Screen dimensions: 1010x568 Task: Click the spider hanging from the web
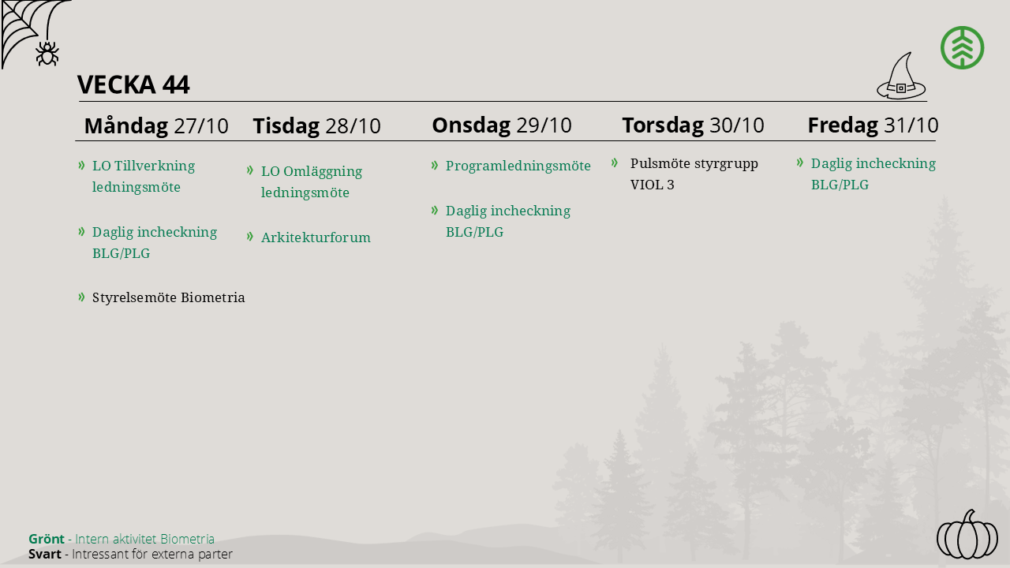(47, 54)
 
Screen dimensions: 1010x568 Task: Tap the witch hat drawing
(901, 77)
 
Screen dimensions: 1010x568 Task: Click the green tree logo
(962, 48)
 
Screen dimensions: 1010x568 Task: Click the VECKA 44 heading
(133, 84)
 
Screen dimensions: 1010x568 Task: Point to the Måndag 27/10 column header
(156, 125)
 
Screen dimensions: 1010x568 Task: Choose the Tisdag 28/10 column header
(316, 125)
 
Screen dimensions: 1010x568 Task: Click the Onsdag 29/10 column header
(502, 125)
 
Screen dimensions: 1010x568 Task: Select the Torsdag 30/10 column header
(693, 125)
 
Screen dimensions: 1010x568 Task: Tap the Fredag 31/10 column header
(873, 125)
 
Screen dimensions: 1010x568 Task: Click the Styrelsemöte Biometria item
(168, 297)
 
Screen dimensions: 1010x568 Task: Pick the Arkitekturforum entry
(316, 237)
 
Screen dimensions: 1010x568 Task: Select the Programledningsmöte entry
(518, 166)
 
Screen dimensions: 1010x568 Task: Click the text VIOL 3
(652, 185)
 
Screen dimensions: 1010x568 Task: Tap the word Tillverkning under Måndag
(155, 166)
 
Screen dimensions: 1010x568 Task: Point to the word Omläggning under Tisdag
(323, 172)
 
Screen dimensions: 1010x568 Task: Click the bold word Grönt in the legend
(46, 539)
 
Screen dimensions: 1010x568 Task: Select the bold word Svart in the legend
(45, 554)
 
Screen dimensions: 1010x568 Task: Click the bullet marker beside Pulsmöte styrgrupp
(614, 163)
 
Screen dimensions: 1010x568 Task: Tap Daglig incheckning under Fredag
(873, 163)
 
